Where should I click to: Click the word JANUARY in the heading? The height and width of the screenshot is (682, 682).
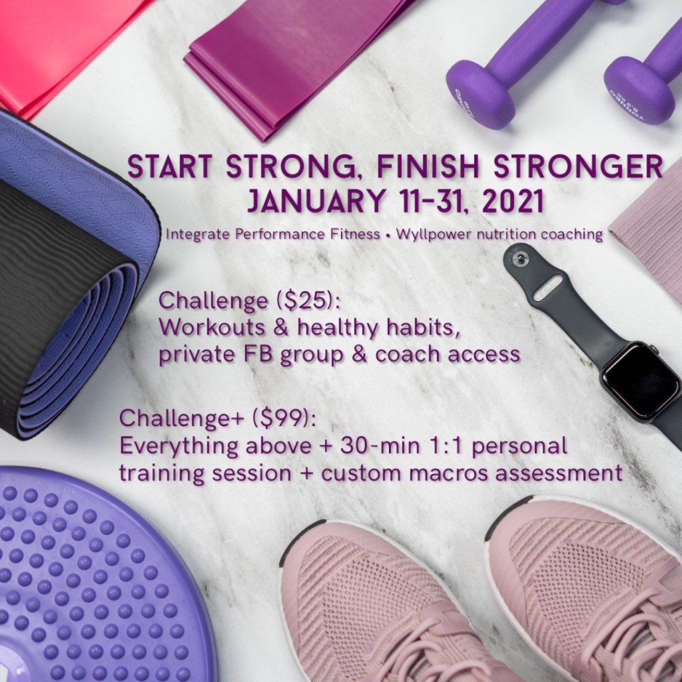point(316,201)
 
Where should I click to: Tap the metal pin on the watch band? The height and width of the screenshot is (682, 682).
point(519,258)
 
